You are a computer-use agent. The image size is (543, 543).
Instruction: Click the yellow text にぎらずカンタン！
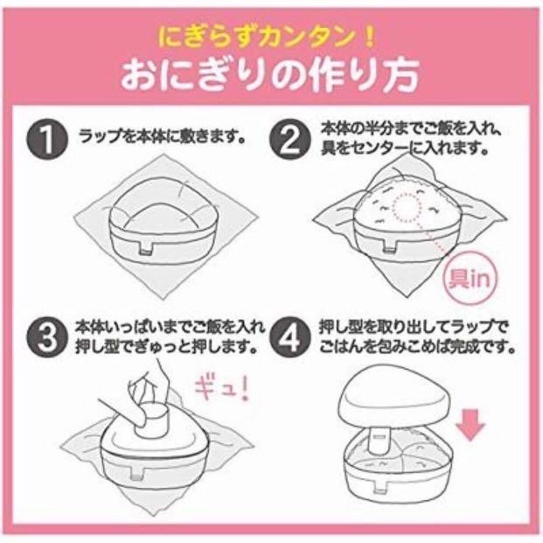(x=271, y=39)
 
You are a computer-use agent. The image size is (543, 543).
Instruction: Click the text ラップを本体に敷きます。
(x=161, y=138)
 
